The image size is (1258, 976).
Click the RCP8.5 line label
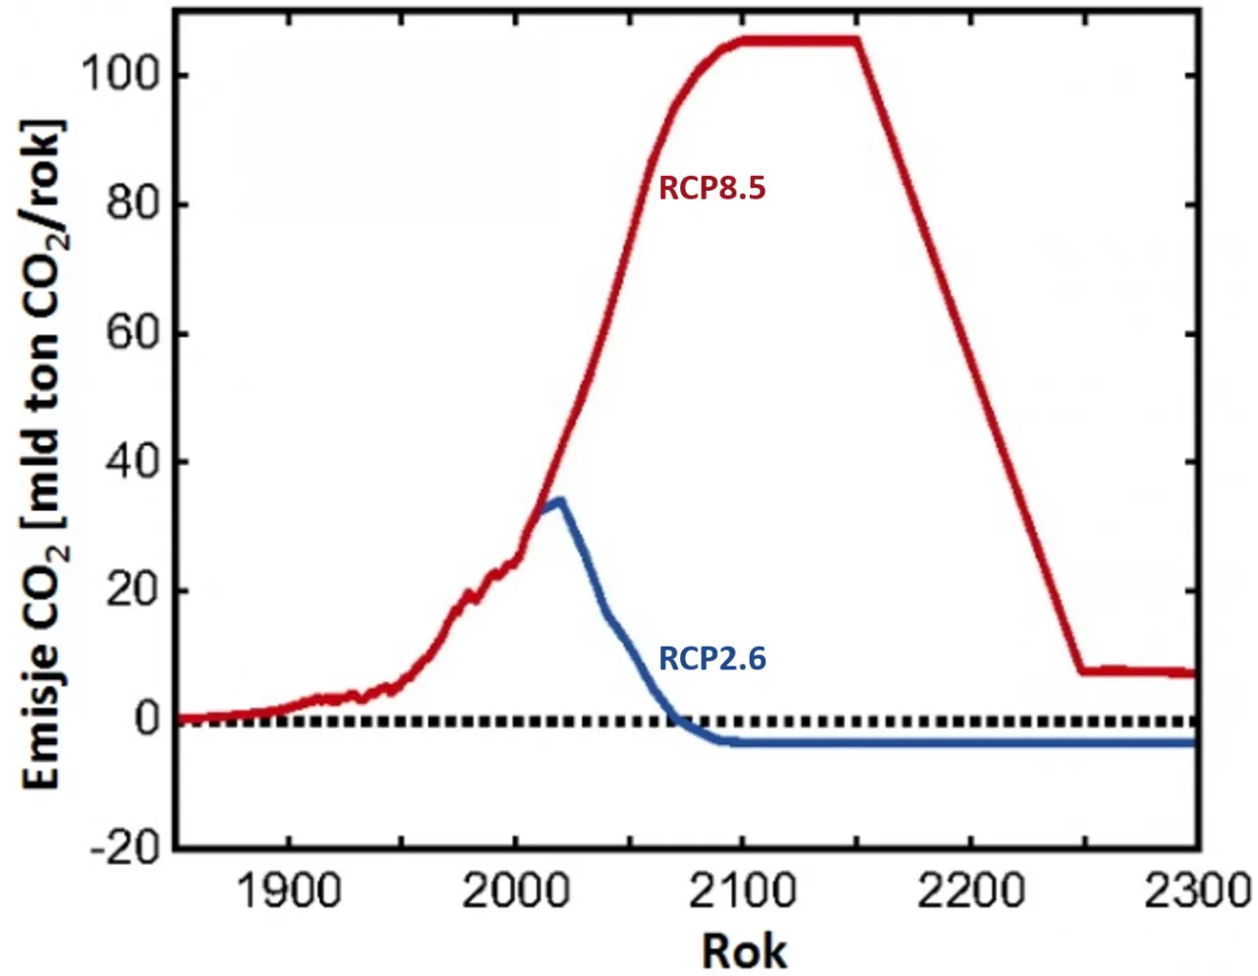pos(712,188)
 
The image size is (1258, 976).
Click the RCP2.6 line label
pos(712,658)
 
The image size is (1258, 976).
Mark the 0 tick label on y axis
pos(148,719)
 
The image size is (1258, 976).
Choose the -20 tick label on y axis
pos(125,847)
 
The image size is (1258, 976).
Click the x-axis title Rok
pos(744,950)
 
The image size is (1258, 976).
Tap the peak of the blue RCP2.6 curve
pos(559,500)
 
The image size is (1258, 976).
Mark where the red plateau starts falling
pos(857,40)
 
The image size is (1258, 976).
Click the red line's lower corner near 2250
pos(1082,670)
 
